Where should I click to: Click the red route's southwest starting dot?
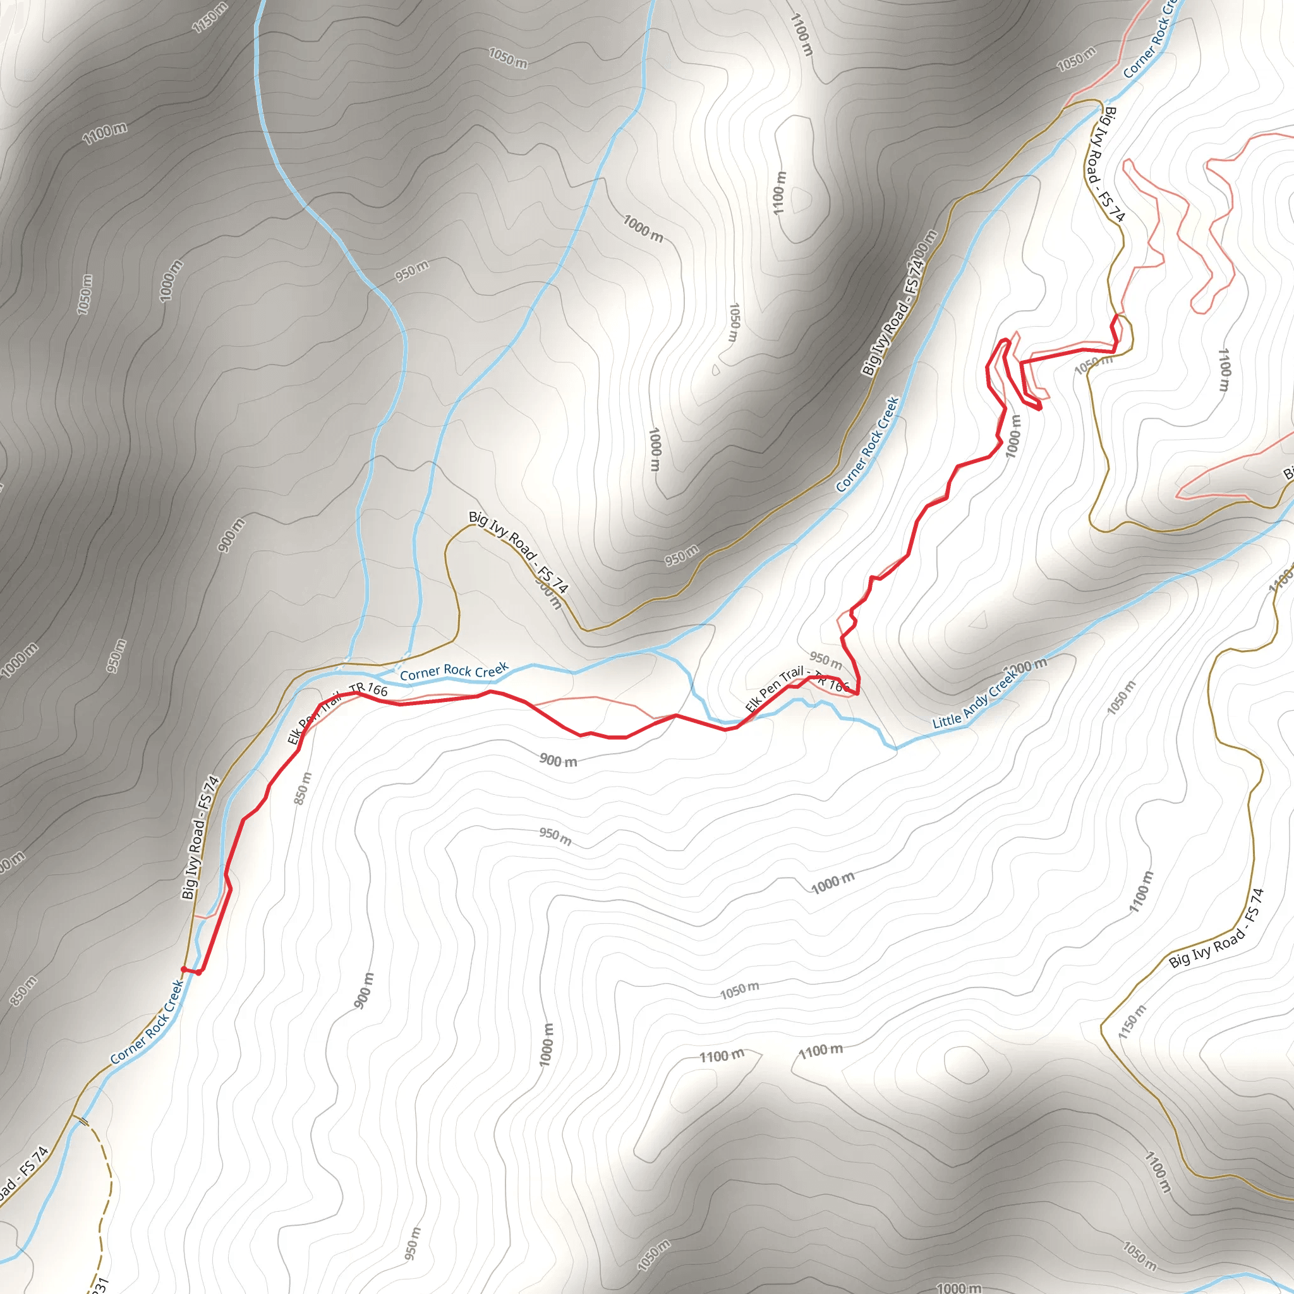coord(183,969)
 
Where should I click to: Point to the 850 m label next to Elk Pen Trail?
coord(303,789)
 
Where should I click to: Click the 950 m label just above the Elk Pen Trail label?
coord(825,660)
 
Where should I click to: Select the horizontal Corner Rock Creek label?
coord(454,671)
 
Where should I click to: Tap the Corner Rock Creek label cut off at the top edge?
coord(1149,40)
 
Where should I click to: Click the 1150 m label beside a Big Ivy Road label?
coord(1132,1022)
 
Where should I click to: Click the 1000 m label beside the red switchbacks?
coord(1014,436)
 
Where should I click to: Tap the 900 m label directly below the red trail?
coord(558,760)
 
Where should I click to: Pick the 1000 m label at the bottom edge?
coord(959,1287)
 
